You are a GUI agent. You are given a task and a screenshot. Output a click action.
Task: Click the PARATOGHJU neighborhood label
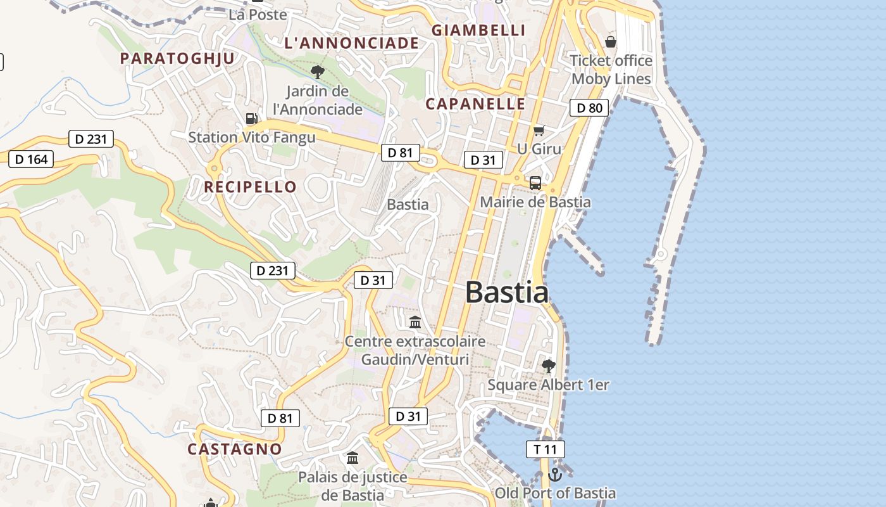(177, 58)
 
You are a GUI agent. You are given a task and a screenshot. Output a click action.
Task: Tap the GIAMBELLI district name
(478, 30)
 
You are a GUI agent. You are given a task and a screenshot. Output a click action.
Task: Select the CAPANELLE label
(475, 104)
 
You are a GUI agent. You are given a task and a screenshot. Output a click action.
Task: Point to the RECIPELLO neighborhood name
(250, 187)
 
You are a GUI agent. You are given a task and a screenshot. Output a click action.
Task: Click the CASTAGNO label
(235, 449)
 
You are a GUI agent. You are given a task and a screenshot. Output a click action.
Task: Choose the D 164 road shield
(31, 159)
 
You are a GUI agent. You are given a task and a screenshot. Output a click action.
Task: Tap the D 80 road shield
(589, 108)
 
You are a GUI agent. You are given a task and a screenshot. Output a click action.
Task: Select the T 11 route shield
(545, 449)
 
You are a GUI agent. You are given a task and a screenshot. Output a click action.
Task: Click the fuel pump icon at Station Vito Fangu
(251, 119)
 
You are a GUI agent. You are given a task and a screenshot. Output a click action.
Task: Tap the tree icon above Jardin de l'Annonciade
(318, 72)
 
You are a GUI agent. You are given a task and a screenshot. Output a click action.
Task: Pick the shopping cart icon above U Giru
(539, 131)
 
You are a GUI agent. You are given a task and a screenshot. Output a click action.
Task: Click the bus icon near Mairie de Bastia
(535, 183)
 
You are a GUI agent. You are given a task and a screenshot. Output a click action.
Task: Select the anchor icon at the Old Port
(555, 474)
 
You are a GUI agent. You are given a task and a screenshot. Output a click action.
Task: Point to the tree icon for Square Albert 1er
(548, 366)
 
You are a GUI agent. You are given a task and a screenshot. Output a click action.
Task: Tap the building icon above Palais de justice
(353, 458)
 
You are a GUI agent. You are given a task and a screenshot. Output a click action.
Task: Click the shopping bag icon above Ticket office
(611, 42)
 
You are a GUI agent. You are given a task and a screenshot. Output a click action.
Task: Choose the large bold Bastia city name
(507, 292)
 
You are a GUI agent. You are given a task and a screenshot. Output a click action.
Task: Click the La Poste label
(258, 15)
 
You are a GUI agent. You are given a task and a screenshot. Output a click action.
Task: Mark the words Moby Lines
(611, 79)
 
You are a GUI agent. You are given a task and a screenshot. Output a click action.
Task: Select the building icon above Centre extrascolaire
(415, 323)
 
